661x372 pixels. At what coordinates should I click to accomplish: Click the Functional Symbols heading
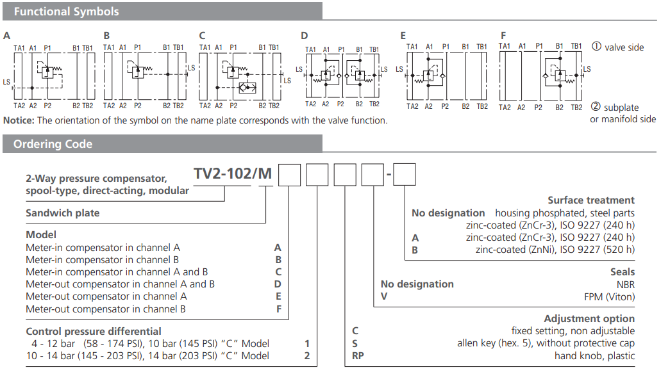[66, 12]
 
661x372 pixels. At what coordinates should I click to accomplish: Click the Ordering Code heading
[53, 144]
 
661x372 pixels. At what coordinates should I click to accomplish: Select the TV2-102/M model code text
[233, 174]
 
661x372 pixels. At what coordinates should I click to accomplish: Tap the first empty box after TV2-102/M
[289, 175]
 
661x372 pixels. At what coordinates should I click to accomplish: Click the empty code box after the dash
[404, 175]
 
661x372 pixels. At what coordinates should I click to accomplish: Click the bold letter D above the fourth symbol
[305, 35]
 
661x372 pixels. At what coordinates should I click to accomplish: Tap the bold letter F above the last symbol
[503, 35]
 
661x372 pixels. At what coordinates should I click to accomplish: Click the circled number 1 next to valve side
[596, 47]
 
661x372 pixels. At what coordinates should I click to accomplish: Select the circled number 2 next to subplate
[596, 107]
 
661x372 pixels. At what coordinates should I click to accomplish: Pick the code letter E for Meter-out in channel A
[278, 296]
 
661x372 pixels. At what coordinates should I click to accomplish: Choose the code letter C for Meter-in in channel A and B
[278, 272]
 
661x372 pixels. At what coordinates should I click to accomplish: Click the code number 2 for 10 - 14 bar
[307, 355]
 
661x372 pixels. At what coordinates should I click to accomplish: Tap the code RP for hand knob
[358, 355]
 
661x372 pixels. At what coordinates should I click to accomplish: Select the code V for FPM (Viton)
[383, 296]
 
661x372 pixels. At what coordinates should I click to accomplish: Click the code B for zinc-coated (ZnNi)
[415, 250]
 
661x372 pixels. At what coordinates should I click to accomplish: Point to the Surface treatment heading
[591, 200]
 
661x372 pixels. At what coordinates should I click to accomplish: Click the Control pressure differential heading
[94, 331]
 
